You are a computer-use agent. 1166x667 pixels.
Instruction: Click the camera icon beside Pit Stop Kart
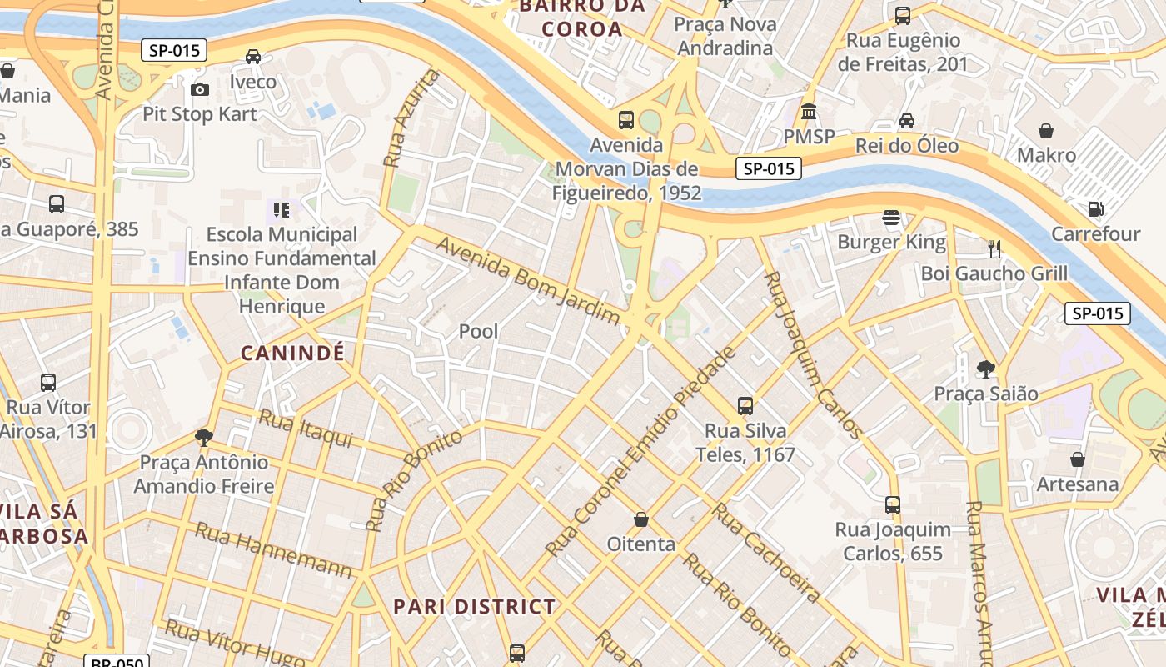click(200, 89)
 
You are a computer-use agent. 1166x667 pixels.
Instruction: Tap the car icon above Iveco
click(253, 57)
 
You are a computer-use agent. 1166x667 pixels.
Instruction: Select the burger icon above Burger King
click(892, 218)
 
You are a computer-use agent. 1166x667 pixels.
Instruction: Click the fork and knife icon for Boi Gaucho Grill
click(994, 248)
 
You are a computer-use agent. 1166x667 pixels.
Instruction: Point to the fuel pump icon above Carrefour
click(1095, 209)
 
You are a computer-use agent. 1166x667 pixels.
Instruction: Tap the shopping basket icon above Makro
click(1046, 131)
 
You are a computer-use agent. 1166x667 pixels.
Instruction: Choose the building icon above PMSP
click(809, 111)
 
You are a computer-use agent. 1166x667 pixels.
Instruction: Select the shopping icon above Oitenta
click(641, 519)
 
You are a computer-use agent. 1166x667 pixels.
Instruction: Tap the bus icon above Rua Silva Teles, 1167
click(745, 406)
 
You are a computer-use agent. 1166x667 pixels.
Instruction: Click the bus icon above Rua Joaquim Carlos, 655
click(893, 504)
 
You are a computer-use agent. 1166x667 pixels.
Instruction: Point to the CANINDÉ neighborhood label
click(292, 353)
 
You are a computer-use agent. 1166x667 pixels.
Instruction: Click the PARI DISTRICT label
click(474, 606)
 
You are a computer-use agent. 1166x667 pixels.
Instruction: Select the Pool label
click(479, 331)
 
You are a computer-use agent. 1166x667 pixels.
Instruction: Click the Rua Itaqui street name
click(306, 428)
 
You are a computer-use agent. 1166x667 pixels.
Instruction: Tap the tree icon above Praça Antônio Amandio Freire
click(204, 438)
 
